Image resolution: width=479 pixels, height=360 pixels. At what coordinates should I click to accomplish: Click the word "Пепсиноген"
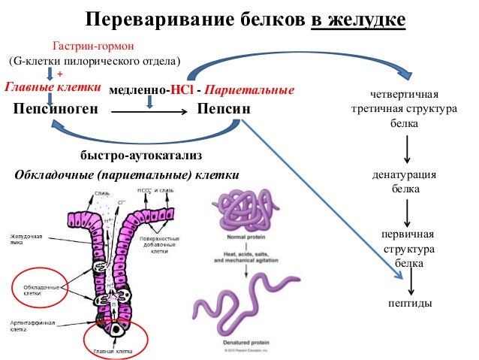[56, 109]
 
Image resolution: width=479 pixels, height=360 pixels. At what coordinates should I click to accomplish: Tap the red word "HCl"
[183, 90]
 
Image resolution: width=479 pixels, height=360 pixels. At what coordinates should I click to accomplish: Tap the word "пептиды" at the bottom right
[408, 304]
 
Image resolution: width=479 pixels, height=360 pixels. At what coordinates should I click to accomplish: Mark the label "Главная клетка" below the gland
[113, 351]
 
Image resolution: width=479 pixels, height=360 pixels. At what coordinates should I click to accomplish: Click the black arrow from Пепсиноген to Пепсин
[149, 110]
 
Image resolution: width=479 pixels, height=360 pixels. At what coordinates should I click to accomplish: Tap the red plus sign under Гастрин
[61, 74]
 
